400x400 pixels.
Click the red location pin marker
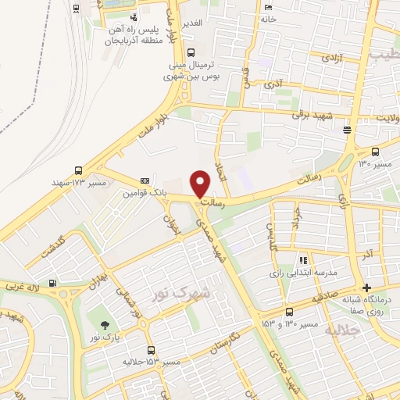pos(201,184)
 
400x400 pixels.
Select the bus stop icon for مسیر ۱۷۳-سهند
pos(78,170)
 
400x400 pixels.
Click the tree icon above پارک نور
pos(105,324)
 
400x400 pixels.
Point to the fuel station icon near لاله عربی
pos(52,284)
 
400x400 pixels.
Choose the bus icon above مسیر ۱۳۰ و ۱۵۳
pos(288,310)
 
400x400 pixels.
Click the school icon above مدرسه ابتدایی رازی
pos(300,261)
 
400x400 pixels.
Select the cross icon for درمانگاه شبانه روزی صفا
pos(367,287)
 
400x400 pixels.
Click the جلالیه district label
pos(345,330)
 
